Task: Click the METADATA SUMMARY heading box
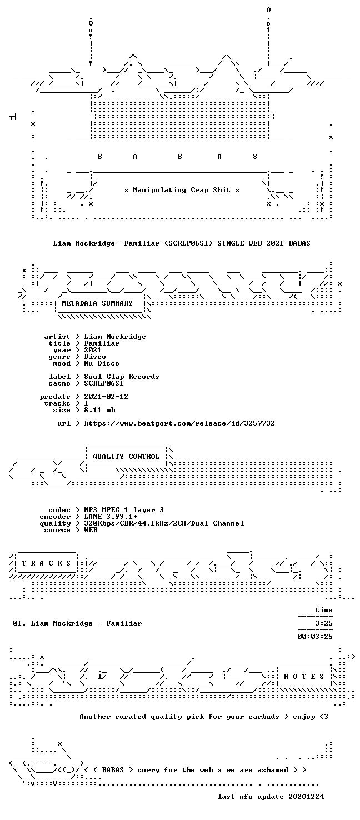[x=97, y=303]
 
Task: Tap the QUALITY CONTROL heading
[x=126, y=457]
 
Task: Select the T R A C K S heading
[x=46, y=563]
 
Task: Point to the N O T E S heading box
[x=304, y=677]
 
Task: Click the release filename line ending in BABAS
[x=182, y=243]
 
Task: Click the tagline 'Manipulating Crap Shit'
[x=182, y=190]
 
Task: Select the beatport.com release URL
[x=179, y=423]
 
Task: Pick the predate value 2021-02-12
[x=106, y=397]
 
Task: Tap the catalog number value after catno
[x=104, y=383]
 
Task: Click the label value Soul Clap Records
[x=122, y=377]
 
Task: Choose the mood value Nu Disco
[x=102, y=363]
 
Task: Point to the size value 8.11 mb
[x=99, y=410]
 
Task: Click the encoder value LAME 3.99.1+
[x=111, y=517]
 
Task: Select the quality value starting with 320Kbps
[x=164, y=523]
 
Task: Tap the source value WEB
[x=91, y=529]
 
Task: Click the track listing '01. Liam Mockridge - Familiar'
[x=77, y=623]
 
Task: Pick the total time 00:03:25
[x=315, y=637]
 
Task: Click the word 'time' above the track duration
[x=324, y=610]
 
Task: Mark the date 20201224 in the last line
[x=306, y=797]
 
